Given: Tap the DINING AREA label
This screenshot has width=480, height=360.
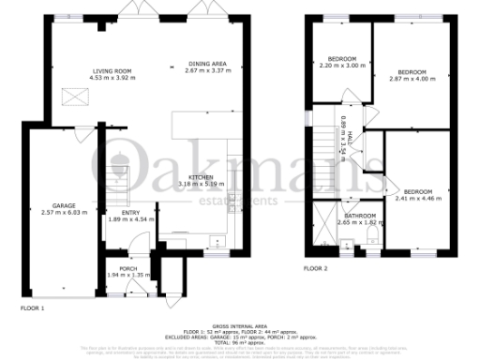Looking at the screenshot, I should coord(207,63).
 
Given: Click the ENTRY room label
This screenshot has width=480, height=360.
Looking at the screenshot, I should coord(117,212).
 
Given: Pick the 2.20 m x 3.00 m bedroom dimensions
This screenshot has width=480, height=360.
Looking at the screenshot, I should coord(339,66).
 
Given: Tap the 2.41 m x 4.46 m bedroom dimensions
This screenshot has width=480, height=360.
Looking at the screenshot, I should coord(416,199).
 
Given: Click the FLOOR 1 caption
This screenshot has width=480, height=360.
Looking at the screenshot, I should coord(32,307).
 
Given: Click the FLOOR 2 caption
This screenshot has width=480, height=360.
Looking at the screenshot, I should coord(315,268).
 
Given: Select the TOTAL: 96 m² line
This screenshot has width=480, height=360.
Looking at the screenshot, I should coord(240,338).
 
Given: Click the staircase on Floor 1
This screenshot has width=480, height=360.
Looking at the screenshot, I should coord(118,177).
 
